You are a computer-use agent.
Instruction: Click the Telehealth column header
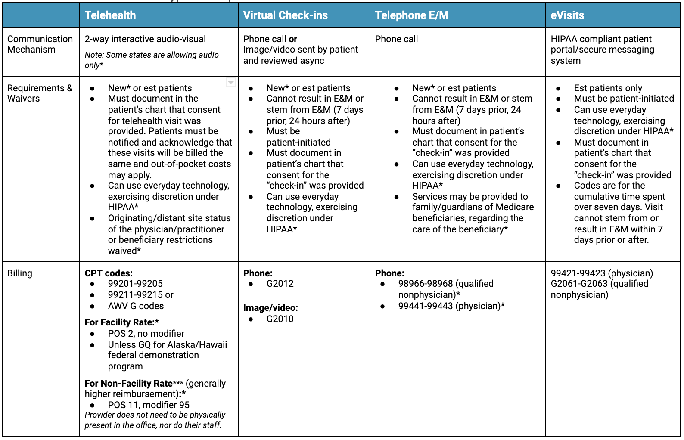click(x=110, y=15)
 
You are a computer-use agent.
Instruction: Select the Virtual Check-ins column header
click(x=285, y=15)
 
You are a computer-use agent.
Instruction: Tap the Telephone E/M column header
click(x=411, y=15)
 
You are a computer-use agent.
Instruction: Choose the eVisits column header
click(x=567, y=15)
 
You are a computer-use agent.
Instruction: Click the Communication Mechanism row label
click(x=40, y=44)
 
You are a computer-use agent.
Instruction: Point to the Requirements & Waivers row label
click(x=40, y=93)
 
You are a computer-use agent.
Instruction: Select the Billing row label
click(x=20, y=273)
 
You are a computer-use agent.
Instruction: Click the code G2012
click(x=280, y=284)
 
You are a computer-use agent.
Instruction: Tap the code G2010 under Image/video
click(x=280, y=319)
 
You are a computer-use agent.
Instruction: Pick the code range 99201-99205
click(x=135, y=284)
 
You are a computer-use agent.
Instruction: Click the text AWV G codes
click(x=136, y=306)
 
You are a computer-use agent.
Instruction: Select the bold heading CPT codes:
click(x=109, y=273)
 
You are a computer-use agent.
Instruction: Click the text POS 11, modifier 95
click(x=149, y=405)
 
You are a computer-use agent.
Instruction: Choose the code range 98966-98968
click(x=426, y=284)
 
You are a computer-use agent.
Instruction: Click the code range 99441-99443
click(x=426, y=306)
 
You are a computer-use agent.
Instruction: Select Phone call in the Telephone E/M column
click(x=396, y=39)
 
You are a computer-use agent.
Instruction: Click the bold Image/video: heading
click(x=270, y=308)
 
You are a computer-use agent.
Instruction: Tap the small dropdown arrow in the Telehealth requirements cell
click(x=231, y=82)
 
